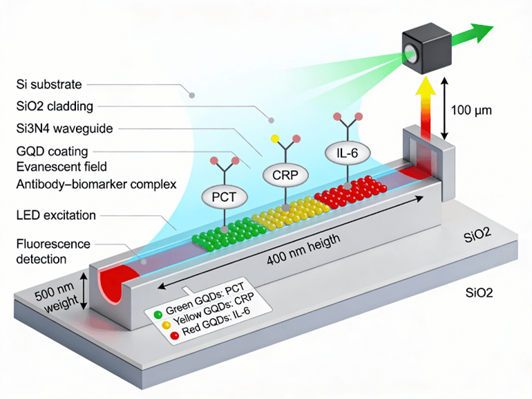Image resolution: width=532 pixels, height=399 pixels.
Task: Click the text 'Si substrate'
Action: [x=48, y=85]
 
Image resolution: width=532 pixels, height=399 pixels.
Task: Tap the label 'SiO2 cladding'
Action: [x=54, y=106]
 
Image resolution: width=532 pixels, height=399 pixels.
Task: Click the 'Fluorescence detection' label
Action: [x=52, y=252]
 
